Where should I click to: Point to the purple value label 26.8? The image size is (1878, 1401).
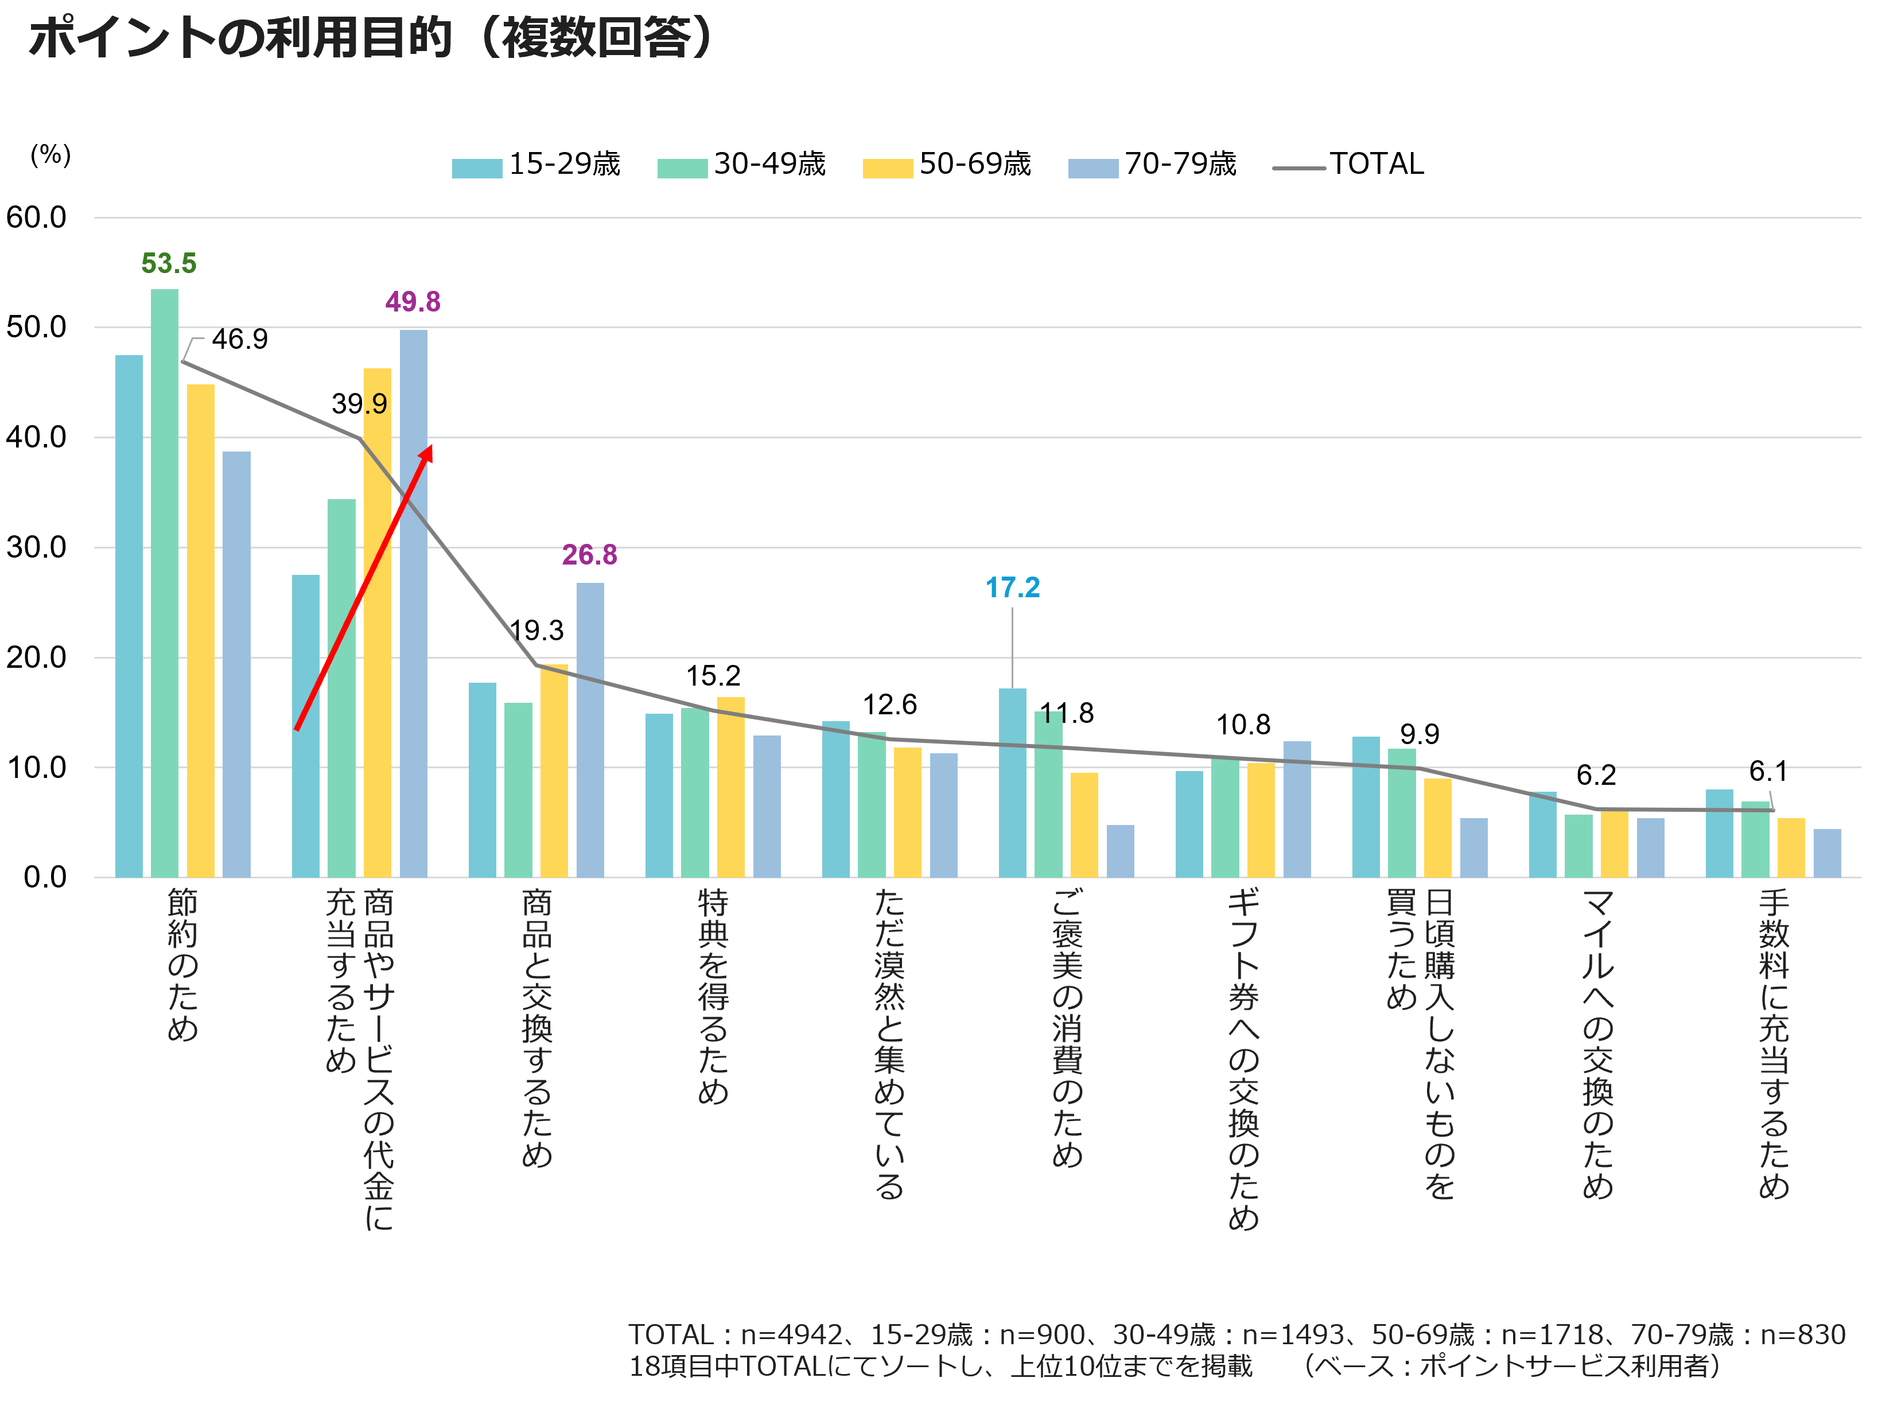(589, 555)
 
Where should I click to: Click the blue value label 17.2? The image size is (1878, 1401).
(1012, 587)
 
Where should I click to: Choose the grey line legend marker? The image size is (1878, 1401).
(1298, 168)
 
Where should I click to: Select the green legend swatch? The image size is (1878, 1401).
(682, 168)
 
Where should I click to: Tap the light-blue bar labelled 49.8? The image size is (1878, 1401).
(413, 603)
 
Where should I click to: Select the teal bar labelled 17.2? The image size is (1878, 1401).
(1012, 782)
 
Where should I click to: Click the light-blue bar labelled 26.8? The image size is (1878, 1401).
(590, 729)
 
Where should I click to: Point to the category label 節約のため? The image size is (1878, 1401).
(182, 964)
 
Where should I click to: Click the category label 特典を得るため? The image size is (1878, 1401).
(713, 997)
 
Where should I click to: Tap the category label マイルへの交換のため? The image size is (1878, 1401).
(1597, 1043)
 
